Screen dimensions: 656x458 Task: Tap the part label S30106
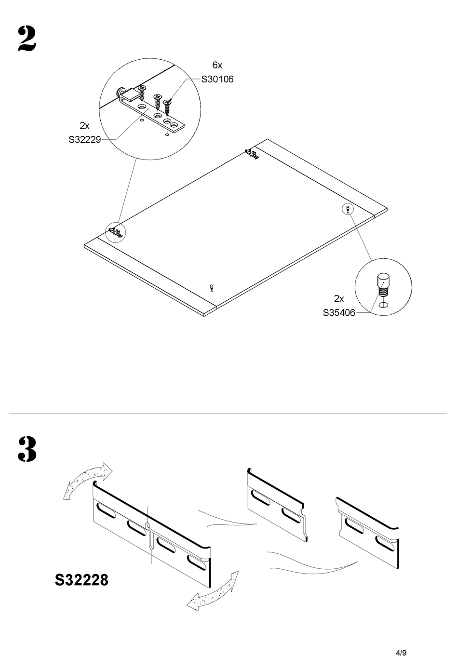point(217,80)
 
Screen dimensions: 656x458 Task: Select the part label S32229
point(84,140)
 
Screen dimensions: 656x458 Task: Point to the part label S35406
point(339,313)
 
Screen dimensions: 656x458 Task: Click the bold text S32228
point(81,579)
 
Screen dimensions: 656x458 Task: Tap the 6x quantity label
point(217,65)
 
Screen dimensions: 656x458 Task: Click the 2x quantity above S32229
point(84,126)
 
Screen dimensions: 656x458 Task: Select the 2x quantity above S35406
point(339,298)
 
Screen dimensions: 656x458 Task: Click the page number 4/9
point(401,640)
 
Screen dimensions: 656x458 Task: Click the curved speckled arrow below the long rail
point(213,591)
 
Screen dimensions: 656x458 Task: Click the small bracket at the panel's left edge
point(116,232)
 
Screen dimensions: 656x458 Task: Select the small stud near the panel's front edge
point(212,288)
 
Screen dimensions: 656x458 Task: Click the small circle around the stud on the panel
point(347,209)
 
